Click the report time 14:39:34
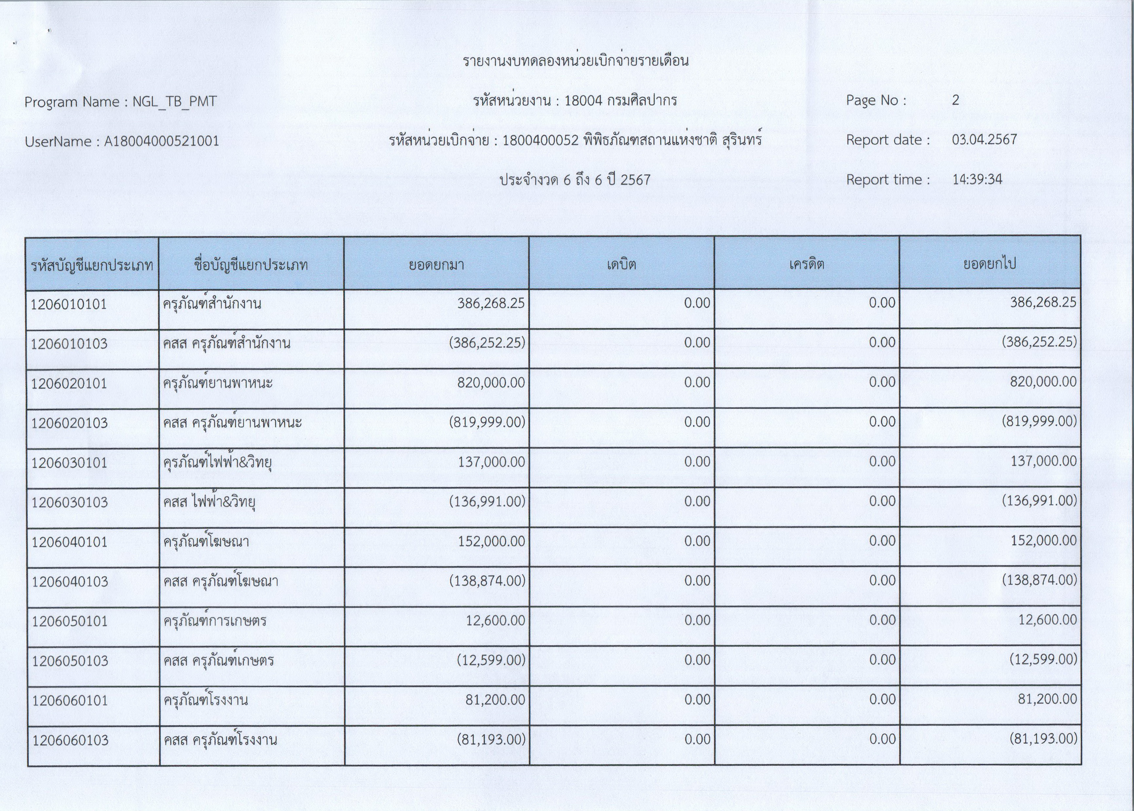tap(977, 179)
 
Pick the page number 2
tap(955, 100)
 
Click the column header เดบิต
tap(622, 264)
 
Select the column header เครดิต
tap(807, 264)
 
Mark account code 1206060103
tap(70, 740)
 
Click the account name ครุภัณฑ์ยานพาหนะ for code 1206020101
tap(218, 383)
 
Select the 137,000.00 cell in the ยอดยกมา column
tap(491, 462)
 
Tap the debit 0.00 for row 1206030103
tap(697, 501)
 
